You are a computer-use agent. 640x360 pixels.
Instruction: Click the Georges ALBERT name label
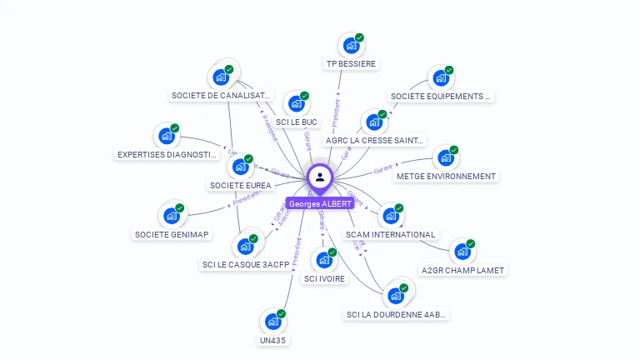[319, 203]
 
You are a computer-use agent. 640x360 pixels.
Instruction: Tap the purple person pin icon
[320, 177]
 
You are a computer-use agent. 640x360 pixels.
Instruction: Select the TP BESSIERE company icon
[351, 45]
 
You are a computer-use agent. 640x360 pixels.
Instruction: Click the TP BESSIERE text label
[351, 64]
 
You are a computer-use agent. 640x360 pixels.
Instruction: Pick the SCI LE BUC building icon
[296, 104]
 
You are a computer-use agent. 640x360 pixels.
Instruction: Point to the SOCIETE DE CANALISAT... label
[221, 96]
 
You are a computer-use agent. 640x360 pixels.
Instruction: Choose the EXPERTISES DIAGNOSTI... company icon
[167, 137]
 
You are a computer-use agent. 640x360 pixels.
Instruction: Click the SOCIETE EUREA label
[241, 185]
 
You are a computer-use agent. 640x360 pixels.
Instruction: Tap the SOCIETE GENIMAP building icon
[172, 217]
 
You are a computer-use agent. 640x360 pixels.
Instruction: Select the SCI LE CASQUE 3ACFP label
[246, 265]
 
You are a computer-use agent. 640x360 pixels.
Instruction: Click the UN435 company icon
[272, 322]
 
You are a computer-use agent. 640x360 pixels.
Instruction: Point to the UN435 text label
[272, 340]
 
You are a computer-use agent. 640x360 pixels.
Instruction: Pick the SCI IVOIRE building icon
[323, 261]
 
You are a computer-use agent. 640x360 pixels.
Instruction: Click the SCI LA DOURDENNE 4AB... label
[397, 314]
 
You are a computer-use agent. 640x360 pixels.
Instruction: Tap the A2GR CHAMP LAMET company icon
[462, 252]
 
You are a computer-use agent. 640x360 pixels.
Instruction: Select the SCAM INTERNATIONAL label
[391, 235]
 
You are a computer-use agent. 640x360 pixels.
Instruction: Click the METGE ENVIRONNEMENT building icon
[446, 157]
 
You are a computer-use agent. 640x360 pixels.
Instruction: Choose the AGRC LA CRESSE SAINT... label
[375, 140]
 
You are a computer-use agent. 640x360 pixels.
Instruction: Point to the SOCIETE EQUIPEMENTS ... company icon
[441, 78]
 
